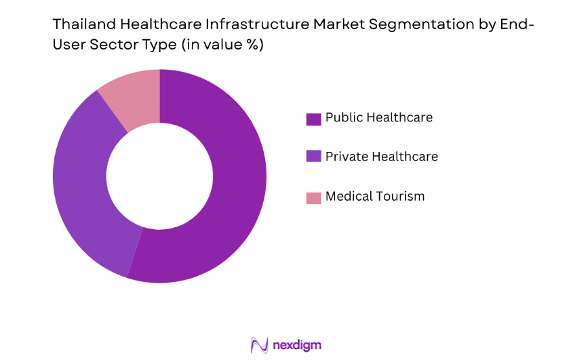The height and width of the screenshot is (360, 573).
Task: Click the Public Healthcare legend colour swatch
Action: (x=313, y=119)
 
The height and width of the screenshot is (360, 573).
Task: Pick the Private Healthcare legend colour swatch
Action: (x=313, y=157)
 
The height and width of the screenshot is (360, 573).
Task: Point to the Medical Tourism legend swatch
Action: (x=313, y=197)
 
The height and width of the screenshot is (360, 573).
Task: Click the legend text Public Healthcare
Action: (x=378, y=117)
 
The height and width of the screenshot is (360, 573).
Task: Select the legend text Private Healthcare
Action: (x=381, y=157)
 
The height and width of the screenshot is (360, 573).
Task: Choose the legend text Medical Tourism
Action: (x=374, y=197)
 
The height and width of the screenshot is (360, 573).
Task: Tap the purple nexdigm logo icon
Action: (x=260, y=345)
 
